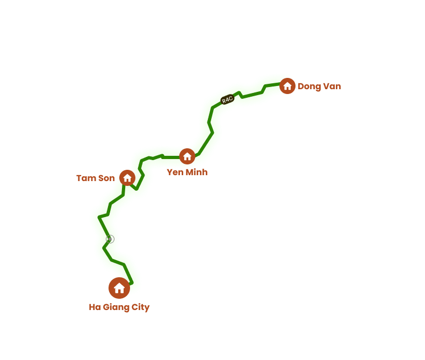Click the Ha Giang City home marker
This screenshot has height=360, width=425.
119,288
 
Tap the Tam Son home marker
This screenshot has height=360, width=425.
127,178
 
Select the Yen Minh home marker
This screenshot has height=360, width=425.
187,156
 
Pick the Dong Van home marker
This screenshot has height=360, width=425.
287,86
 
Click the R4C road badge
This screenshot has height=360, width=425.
227,99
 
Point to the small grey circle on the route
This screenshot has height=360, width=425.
110,239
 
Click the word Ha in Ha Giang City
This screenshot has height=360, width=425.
95,307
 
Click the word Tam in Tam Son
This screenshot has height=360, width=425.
85,178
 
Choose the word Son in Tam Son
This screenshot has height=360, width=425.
106,178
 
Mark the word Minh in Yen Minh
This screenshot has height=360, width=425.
197,172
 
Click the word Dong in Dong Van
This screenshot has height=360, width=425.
309,87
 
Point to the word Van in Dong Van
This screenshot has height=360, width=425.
332,87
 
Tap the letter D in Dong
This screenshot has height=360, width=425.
301,87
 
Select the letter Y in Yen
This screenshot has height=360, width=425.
170,172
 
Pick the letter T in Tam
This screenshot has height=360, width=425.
80,178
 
